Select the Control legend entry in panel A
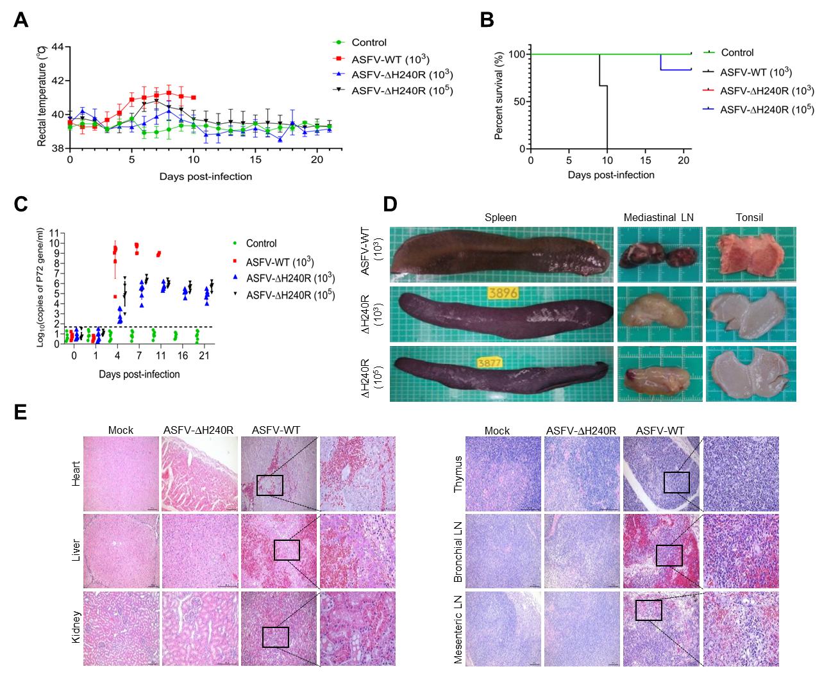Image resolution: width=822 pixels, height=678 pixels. pos(369,42)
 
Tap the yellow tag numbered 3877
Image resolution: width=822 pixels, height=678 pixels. pos(489,362)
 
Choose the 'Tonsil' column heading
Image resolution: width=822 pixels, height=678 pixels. pos(750,218)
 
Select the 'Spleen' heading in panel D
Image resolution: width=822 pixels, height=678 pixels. pos(501,218)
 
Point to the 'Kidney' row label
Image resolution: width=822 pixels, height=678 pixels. pos(76,629)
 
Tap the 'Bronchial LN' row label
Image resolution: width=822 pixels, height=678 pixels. pos(458,552)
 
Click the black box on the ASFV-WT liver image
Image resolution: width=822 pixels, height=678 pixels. pos(287,550)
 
